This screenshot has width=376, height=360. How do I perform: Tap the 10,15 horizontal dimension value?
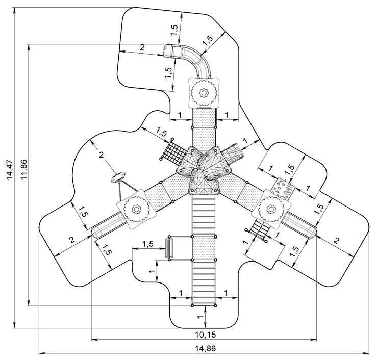coord(205,335)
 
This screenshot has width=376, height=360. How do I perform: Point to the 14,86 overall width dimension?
coord(205,349)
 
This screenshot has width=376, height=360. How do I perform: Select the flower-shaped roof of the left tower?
coord(135,209)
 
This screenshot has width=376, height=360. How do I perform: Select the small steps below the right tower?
coord(260,232)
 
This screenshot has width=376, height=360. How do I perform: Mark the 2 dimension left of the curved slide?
coord(142,47)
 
